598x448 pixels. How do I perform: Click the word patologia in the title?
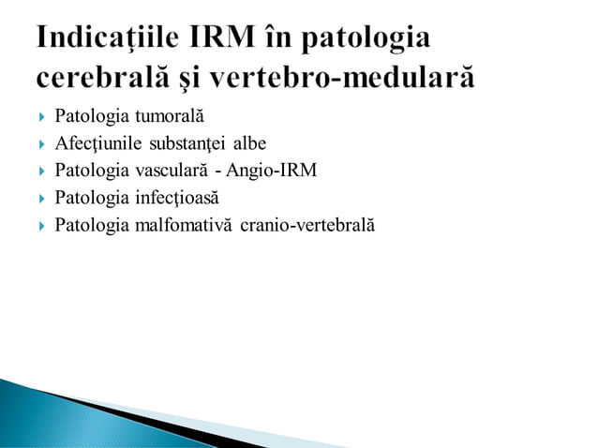coord(372,39)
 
